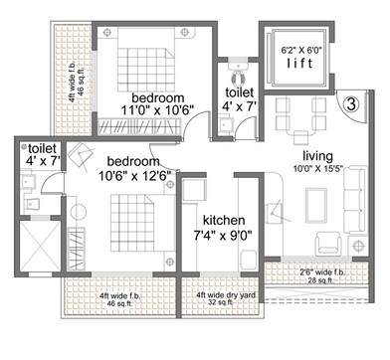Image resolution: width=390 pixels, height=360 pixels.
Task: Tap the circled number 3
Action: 352,101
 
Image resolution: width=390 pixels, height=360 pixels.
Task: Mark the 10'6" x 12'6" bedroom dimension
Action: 139,177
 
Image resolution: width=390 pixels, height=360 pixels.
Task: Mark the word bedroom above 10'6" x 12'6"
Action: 134,161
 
